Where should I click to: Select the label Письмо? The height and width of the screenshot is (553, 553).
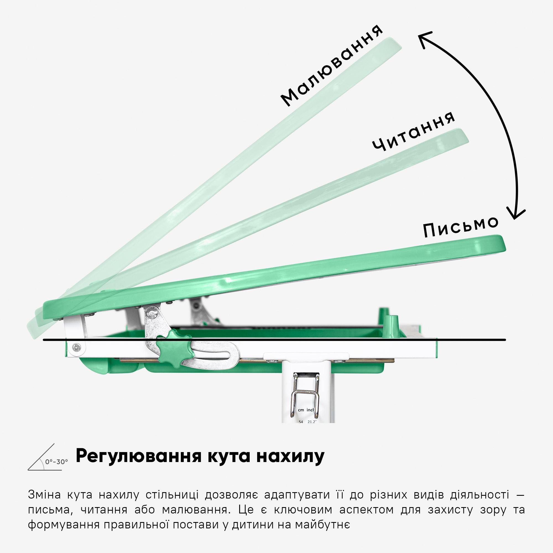(x=461, y=226)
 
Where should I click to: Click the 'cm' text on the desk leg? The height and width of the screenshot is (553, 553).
(x=301, y=410)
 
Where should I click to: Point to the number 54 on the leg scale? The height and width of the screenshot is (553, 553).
(x=301, y=422)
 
